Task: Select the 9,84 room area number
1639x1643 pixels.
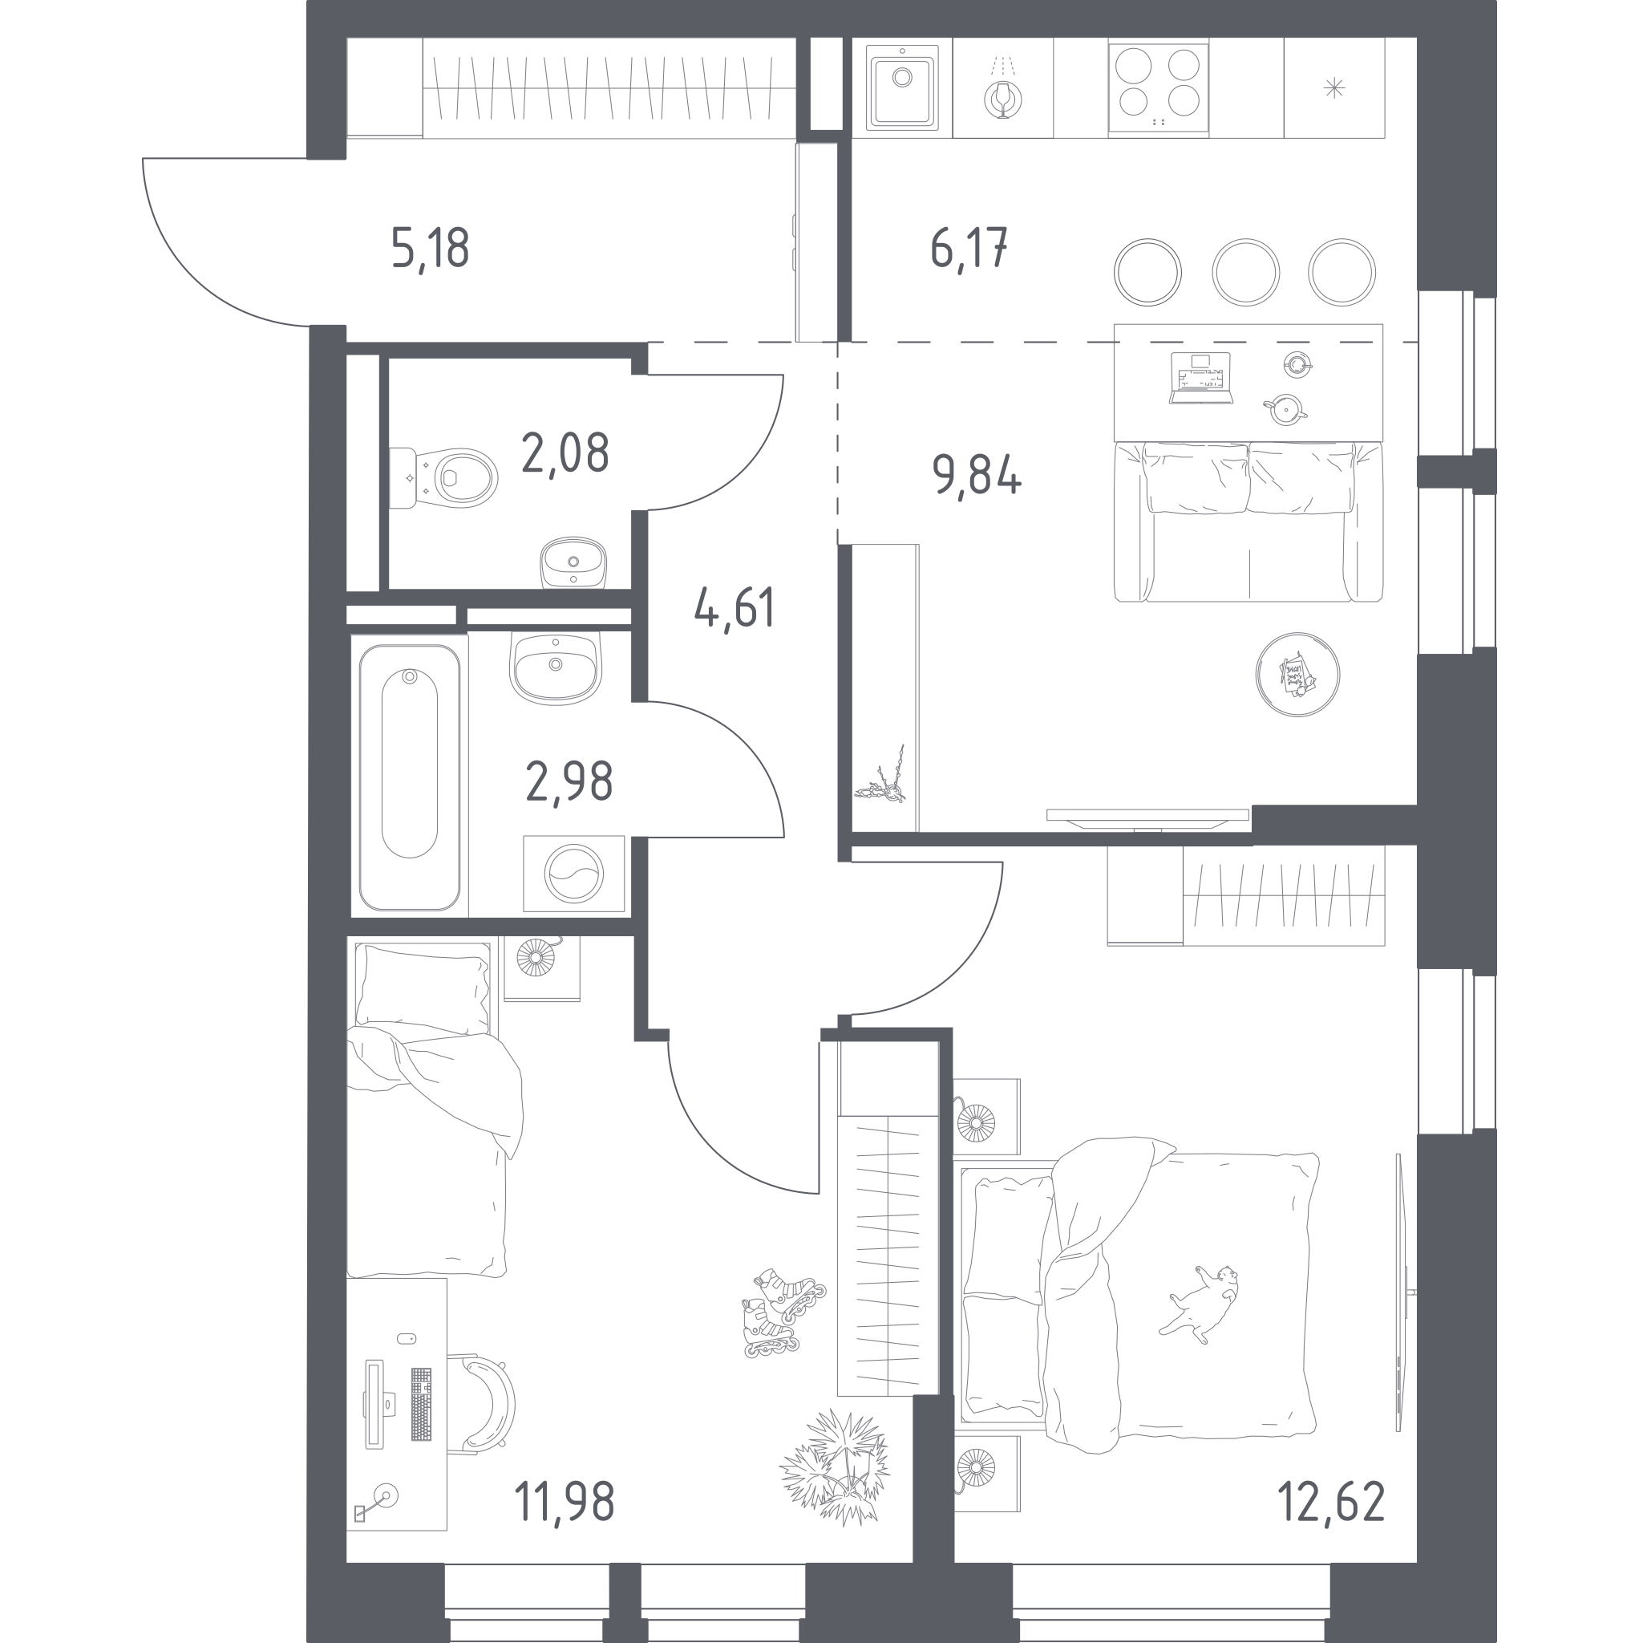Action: [x=977, y=475]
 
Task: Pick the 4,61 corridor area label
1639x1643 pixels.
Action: [x=735, y=608]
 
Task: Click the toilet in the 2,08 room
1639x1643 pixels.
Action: [x=443, y=478]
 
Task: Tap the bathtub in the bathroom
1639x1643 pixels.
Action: [x=410, y=777]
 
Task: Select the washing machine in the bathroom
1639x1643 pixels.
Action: [x=574, y=874]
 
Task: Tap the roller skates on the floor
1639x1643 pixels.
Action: [x=782, y=1312]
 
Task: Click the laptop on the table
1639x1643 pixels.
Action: [x=1201, y=378]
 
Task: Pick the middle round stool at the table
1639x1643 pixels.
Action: [x=1245, y=272]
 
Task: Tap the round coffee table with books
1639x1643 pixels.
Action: [x=1297, y=675]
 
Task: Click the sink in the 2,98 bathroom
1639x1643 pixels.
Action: [x=556, y=667]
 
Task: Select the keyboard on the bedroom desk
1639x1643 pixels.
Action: [x=421, y=1404]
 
